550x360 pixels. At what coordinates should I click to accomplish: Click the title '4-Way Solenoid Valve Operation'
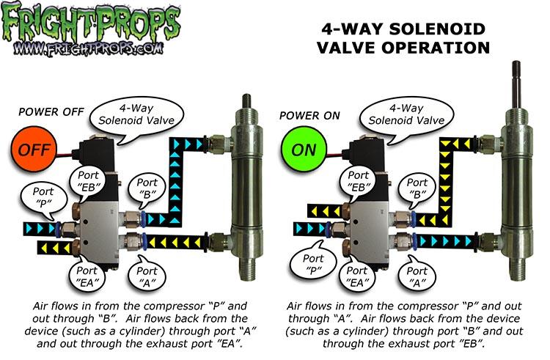[406, 39]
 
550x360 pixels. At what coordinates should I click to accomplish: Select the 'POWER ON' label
[309, 115]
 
